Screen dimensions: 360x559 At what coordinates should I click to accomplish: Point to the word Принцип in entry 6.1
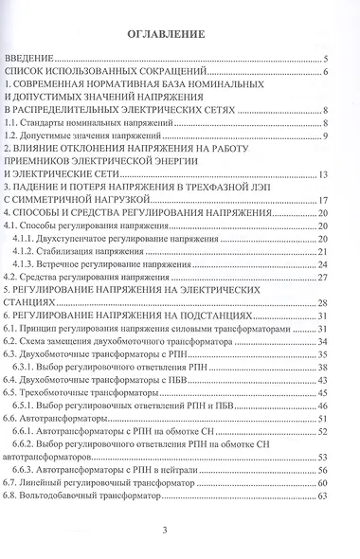click(41, 327)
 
